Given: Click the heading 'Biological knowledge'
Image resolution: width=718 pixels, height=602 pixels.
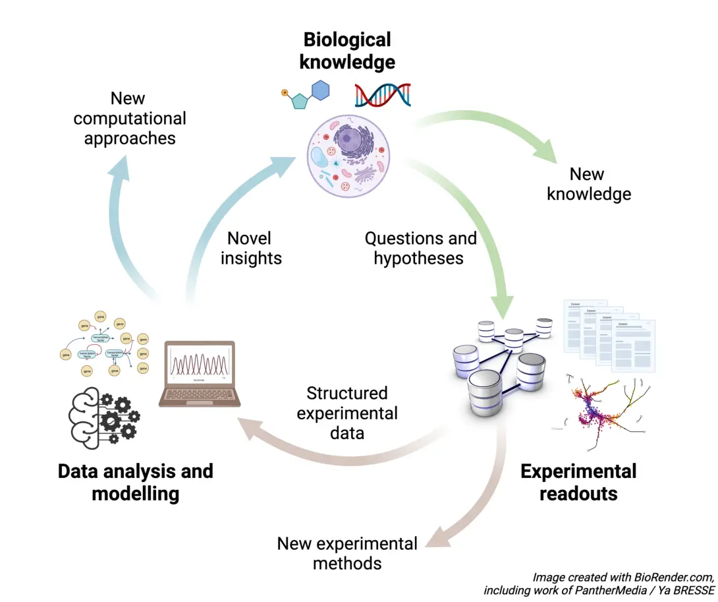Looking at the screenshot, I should (347, 51).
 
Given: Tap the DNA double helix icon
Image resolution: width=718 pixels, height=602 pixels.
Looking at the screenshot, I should (382, 95).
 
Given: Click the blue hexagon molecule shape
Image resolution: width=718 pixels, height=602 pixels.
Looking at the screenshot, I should (321, 90).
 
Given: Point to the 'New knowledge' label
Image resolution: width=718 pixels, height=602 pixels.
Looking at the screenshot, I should (588, 184).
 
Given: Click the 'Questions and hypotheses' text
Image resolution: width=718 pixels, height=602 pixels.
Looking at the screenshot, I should (420, 248).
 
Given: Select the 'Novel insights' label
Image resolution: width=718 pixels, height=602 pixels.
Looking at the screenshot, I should (251, 248).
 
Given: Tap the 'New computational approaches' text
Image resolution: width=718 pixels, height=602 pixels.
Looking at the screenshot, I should (129, 118).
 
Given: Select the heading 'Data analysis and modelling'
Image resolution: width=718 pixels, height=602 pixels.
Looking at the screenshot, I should (135, 482).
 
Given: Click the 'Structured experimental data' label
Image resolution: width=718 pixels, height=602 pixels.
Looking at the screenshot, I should (347, 413).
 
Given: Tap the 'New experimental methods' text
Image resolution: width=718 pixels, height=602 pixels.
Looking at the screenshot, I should (347, 553).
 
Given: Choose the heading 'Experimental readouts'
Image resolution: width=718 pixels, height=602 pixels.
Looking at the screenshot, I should (578, 482).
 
